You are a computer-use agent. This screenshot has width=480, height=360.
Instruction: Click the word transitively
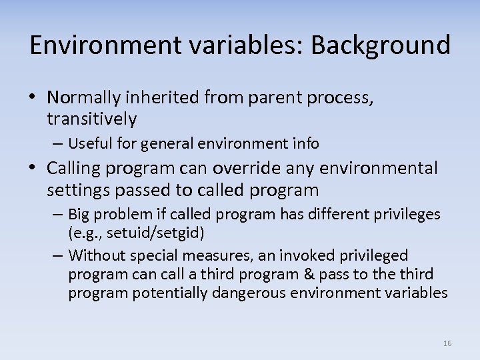tap(91, 119)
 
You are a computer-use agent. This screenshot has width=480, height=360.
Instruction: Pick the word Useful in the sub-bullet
tap(85, 143)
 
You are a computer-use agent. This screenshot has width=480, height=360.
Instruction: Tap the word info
tap(305, 143)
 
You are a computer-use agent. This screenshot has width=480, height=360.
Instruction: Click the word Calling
tap(75, 169)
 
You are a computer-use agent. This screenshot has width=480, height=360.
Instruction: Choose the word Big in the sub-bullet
tap(79, 214)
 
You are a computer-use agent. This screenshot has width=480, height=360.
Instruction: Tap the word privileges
tap(407, 214)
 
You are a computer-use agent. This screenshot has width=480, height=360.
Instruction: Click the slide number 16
tap(447, 343)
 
